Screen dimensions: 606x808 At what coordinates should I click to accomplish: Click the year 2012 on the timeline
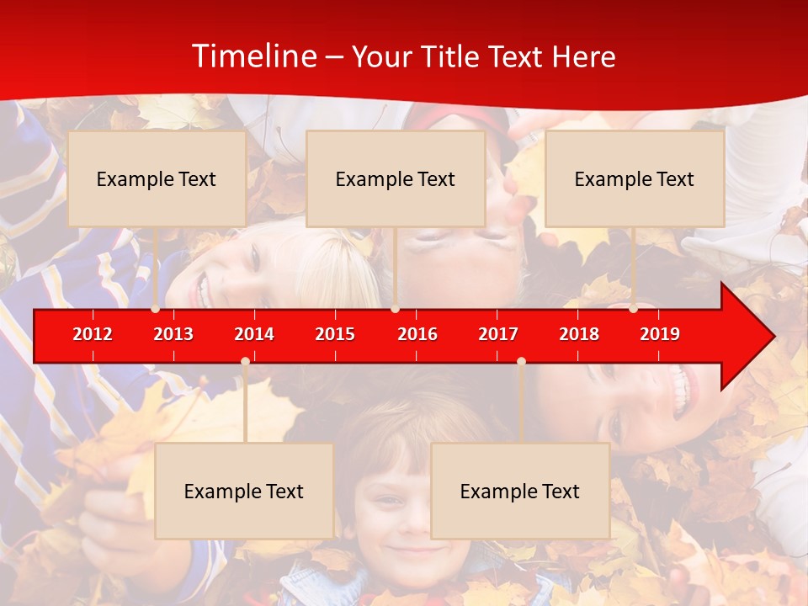(93, 334)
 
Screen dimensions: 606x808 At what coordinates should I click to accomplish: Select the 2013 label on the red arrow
(173, 334)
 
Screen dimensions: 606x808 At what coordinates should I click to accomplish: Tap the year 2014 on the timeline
(254, 334)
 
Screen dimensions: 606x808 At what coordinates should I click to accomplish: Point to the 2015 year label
(335, 334)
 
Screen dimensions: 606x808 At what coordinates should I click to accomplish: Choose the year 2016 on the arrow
(417, 334)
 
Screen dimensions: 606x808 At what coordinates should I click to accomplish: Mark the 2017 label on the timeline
(498, 334)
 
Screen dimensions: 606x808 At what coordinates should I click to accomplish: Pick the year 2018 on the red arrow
(579, 334)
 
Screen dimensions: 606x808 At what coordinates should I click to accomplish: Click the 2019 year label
(660, 334)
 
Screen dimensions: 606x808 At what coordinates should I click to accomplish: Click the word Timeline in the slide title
(252, 56)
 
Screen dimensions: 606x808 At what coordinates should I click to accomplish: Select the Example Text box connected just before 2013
(157, 178)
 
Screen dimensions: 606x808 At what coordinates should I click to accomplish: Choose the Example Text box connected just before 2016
(396, 178)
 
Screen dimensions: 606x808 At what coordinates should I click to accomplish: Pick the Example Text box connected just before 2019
(635, 178)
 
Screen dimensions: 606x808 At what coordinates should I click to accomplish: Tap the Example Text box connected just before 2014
(244, 491)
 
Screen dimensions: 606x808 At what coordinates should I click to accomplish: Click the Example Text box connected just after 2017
(520, 491)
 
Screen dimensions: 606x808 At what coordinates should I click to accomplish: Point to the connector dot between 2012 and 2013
(156, 309)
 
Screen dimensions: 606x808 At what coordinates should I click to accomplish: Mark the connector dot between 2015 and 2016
(395, 309)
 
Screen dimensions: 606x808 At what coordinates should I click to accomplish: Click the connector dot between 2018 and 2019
(633, 309)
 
